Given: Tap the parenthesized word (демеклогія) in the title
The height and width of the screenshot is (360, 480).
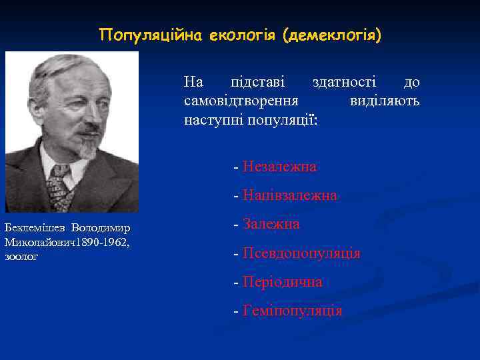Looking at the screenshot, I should (332, 35).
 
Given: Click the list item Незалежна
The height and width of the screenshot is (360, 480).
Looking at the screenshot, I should (279, 167).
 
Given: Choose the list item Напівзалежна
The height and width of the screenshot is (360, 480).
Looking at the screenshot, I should (290, 196).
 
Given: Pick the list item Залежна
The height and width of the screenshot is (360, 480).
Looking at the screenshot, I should (271, 225).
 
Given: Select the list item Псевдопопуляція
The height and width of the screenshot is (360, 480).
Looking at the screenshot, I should (301, 254).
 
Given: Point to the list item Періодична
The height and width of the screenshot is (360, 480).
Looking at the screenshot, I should (283, 282).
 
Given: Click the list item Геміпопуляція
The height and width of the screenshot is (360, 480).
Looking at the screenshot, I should (293, 311).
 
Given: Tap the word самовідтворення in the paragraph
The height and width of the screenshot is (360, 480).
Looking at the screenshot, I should (241, 101).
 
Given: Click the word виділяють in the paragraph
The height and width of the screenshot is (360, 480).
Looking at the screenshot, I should (385, 101).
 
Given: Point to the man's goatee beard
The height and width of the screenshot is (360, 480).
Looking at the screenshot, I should (87, 147).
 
